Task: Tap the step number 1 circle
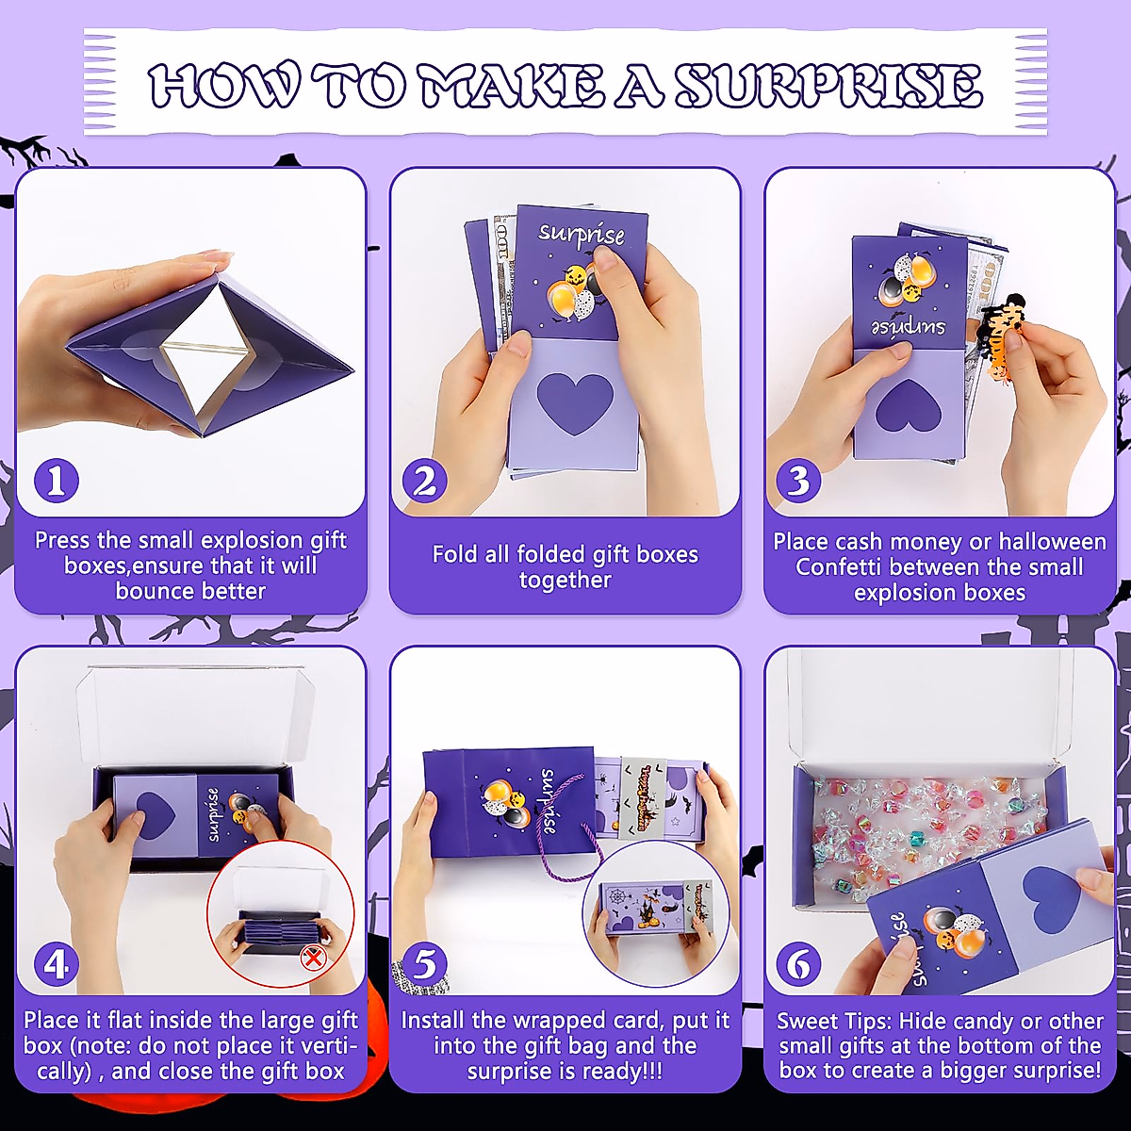click(x=57, y=482)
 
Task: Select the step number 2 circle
click(x=424, y=482)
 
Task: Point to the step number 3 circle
click(x=799, y=482)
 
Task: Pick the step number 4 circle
click(x=57, y=964)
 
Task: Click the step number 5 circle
click(x=424, y=964)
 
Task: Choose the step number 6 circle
click(x=799, y=964)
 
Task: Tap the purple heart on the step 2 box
click(x=567, y=403)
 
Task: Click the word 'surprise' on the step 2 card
click(x=582, y=235)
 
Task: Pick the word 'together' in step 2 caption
click(x=565, y=581)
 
